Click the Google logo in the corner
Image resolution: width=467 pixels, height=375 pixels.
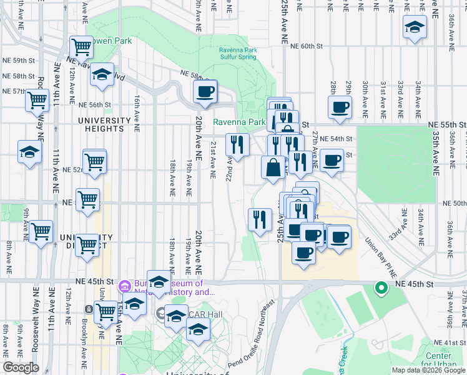tap(21, 367)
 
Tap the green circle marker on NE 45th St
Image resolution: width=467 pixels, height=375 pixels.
tap(380, 288)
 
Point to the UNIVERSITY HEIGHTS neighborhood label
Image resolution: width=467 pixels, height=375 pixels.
tap(101, 124)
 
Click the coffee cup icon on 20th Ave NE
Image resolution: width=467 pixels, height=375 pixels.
tap(205, 92)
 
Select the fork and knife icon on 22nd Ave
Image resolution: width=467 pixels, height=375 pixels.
tap(237, 145)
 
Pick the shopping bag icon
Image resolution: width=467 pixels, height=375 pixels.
tap(273, 167)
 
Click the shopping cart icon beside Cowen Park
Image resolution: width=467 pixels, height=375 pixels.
tap(82, 46)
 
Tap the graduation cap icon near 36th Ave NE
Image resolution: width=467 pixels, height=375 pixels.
tap(414, 27)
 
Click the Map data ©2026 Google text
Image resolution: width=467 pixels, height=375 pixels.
tap(428, 369)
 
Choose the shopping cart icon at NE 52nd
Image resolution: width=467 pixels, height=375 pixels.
tap(94, 161)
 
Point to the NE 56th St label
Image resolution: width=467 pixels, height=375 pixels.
tap(95, 105)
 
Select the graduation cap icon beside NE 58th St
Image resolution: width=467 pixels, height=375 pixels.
tap(102, 76)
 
